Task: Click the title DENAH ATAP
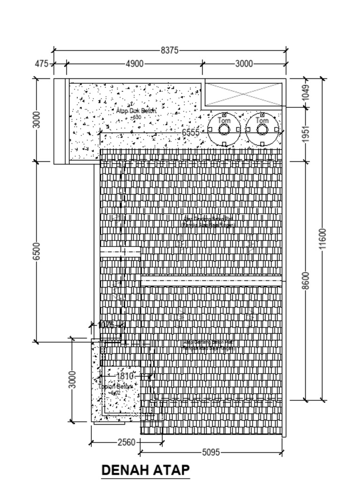[x=145, y=470]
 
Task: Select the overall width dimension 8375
[x=169, y=51]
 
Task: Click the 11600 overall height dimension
[x=322, y=239]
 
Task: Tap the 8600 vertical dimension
[x=306, y=280]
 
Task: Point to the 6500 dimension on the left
[x=37, y=252]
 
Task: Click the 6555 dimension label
[x=191, y=133]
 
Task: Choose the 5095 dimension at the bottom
[x=211, y=452]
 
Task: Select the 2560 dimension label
[x=126, y=442]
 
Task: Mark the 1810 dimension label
[x=124, y=376]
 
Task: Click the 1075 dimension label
[x=106, y=325]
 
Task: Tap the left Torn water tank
[x=224, y=129]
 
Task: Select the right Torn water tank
[x=262, y=129]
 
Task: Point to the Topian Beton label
[x=116, y=387]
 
